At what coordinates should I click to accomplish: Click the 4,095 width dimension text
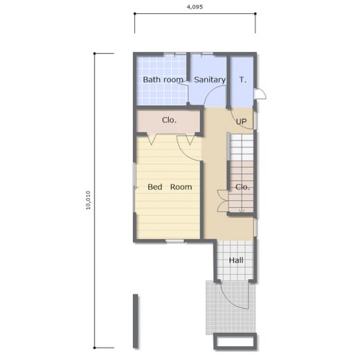(x=195, y=7)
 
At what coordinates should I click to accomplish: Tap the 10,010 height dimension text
(x=88, y=200)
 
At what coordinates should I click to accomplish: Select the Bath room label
(x=163, y=80)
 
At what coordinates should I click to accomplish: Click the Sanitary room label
(x=210, y=80)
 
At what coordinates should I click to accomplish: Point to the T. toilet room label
(x=243, y=80)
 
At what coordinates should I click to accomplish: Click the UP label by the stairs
(x=241, y=121)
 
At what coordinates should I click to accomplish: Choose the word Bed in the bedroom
(x=155, y=187)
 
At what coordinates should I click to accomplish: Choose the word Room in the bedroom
(x=181, y=187)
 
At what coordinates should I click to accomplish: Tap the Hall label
(x=236, y=260)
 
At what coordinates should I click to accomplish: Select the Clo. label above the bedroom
(x=169, y=120)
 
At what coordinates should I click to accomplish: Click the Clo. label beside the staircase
(x=242, y=187)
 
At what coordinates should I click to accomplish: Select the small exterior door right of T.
(x=260, y=93)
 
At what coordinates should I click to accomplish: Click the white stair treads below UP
(x=241, y=147)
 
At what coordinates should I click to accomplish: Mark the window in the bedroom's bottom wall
(x=174, y=241)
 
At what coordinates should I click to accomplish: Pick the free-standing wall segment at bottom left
(x=136, y=321)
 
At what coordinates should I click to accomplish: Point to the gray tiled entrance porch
(x=231, y=307)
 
